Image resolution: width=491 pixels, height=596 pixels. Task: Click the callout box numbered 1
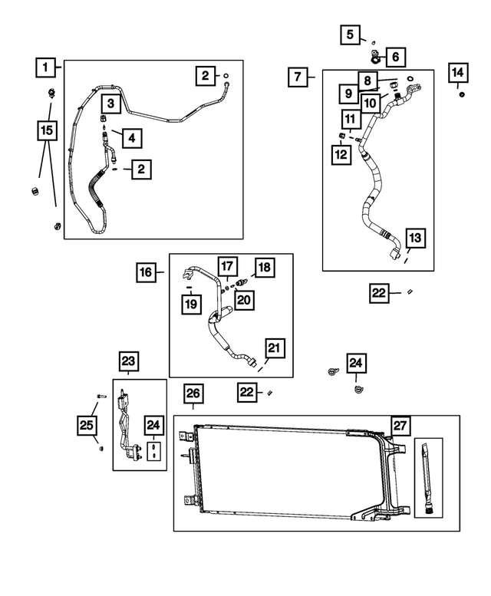click(x=46, y=68)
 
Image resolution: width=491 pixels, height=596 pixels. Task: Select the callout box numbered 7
click(x=299, y=77)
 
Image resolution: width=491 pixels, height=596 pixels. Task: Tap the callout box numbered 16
click(x=147, y=272)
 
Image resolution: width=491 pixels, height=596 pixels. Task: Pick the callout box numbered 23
click(x=128, y=361)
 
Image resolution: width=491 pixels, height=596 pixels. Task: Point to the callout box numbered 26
click(x=194, y=394)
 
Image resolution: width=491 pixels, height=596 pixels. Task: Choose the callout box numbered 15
click(x=47, y=130)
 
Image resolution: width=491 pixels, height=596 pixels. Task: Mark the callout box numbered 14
click(x=457, y=73)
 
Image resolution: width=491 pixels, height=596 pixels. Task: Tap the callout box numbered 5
click(x=351, y=34)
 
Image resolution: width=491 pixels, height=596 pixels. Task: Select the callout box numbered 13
click(x=414, y=238)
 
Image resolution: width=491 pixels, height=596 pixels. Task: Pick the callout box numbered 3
click(x=110, y=103)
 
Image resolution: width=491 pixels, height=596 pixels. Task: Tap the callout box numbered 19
click(x=189, y=305)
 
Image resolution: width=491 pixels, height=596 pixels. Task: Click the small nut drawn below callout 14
click(x=462, y=94)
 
